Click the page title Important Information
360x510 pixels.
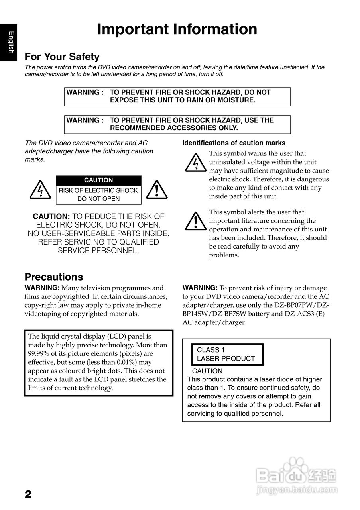177,30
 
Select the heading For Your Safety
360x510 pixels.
62,57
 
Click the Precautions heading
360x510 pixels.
54,277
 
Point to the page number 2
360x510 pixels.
28,494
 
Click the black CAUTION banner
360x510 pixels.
98,180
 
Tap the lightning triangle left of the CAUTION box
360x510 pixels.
40,190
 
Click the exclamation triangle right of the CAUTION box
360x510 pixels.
157,190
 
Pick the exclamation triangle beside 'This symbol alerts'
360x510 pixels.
195,222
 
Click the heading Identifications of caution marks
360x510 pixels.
234,143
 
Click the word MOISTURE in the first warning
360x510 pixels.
237,100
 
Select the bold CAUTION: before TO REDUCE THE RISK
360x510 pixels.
51,217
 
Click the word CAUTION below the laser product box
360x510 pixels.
207,371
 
